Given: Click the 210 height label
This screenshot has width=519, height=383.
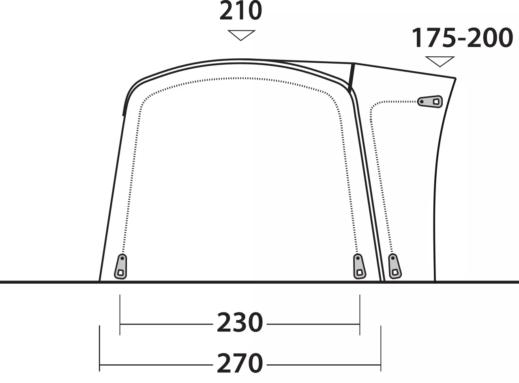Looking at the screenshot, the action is click(240, 11).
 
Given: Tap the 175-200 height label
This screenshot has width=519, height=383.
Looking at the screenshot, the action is click(462, 38).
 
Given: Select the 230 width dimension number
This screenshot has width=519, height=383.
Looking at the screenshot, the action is click(240, 322).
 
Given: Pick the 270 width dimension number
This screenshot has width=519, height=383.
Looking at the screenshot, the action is click(240, 364).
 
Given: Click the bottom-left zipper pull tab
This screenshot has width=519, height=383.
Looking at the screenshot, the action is click(121, 267).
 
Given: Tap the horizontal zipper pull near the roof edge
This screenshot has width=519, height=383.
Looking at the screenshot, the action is click(430, 102).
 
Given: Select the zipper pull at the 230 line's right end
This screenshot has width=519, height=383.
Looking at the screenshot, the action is click(359, 266).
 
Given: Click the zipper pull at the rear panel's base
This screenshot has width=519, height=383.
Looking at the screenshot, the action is click(395, 266).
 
